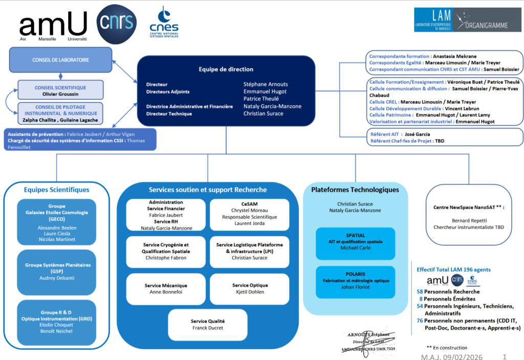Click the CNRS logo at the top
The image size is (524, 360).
click(x=117, y=24)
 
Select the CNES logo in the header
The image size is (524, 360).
click(x=164, y=22)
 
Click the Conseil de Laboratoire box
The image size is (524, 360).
click(x=60, y=60)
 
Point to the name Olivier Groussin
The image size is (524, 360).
click(x=60, y=95)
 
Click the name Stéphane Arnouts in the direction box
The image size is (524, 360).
click(x=265, y=84)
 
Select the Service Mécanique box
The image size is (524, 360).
click(x=166, y=288)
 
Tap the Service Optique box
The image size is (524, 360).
click(x=250, y=288)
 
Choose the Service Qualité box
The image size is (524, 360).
click(x=208, y=324)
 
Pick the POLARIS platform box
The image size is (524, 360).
click(x=355, y=281)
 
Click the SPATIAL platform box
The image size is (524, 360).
click(x=355, y=241)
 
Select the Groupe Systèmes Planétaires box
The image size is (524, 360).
click(x=57, y=271)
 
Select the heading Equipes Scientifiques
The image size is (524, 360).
click(x=57, y=190)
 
